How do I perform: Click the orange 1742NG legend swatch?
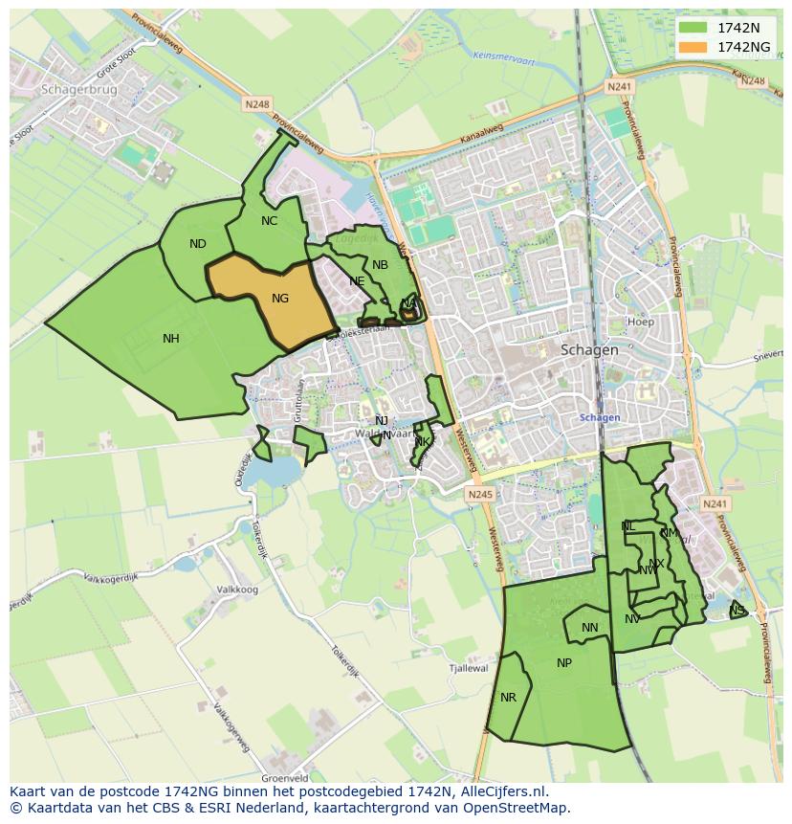click(x=694, y=47)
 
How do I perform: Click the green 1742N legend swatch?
click(x=694, y=27)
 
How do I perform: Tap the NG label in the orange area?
click(x=280, y=299)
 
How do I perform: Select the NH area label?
click(x=171, y=338)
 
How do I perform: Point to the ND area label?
click(x=198, y=244)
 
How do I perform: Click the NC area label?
click(x=269, y=221)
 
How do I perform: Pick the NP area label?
click(x=564, y=663)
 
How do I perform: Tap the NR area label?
click(x=508, y=698)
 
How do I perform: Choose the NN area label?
click(x=590, y=628)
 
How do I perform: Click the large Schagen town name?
click(x=590, y=350)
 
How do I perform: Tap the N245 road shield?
click(x=480, y=494)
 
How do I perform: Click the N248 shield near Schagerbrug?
click(x=257, y=103)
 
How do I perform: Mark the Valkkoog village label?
click(x=238, y=590)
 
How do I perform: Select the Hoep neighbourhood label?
click(x=641, y=323)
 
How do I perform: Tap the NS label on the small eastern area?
click(x=737, y=611)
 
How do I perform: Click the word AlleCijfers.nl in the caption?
click(x=498, y=792)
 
